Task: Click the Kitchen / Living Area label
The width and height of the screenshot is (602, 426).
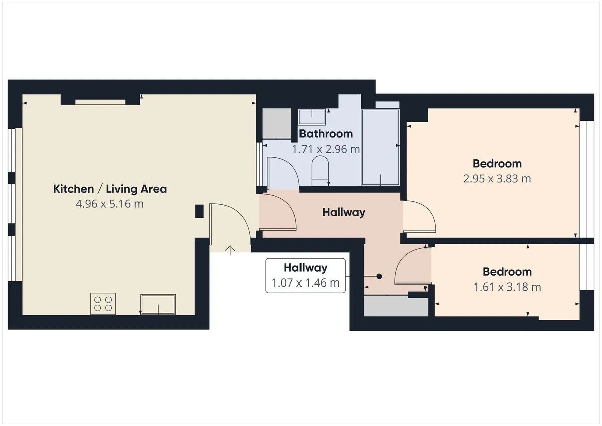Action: pos(110,189)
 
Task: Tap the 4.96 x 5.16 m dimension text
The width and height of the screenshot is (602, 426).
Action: pos(110,204)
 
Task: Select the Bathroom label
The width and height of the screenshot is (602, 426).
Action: pos(326,134)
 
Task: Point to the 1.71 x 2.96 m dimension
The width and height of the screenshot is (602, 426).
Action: pos(326,149)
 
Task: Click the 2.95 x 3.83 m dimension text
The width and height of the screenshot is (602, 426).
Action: pos(497,179)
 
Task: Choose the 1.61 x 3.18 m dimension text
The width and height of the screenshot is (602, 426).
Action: pos(507,287)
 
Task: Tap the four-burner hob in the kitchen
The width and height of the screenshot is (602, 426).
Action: pos(103,304)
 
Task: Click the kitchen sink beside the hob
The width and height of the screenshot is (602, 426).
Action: pos(158,304)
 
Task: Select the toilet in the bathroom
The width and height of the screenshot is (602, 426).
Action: pos(320,172)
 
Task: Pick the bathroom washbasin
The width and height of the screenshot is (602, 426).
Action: pos(312,117)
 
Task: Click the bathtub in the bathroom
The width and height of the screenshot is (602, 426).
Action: pos(381,148)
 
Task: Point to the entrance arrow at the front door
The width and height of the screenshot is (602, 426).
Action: pos(230,250)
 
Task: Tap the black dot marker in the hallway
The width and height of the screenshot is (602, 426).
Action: pos(379,276)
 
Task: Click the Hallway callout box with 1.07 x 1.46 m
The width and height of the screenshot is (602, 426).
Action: pos(306,275)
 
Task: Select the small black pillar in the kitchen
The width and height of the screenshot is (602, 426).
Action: pos(199,211)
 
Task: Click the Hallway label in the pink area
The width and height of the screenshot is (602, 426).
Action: pos(344,212)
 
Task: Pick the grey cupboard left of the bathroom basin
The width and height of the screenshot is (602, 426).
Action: pos(277,123)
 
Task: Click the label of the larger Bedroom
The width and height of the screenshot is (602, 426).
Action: pos(497,164)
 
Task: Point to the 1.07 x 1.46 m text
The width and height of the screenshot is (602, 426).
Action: pos(306,283)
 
